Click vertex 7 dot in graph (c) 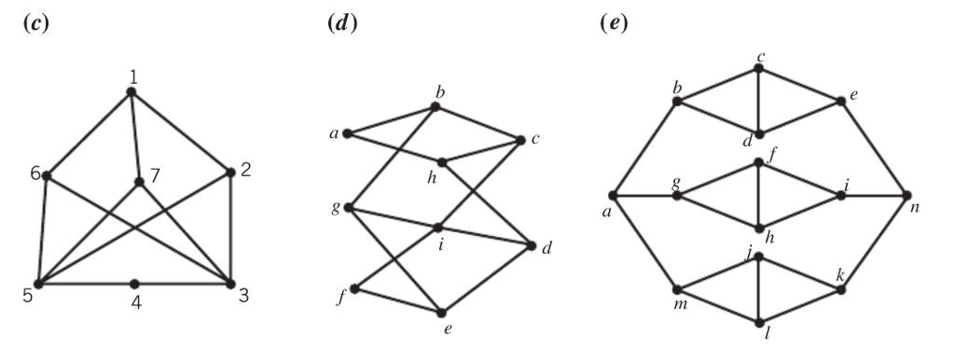pyautogui.click(x=139, y=182)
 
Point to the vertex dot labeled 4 pyautogui.click(x=134, y=284)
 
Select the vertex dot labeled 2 pyautogui.click(x=229, y=173)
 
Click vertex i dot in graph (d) pyautogui.click(x=438, y=227)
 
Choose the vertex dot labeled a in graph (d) pyautogui.click(x=347, y=133)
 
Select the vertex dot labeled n pyautogui.click(x=906, y=196)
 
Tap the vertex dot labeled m pyautogui.click(x=678, y=290)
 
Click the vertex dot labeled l pyautogui.click(x=760, y=323)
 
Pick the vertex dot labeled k pyautogui.click(x=840, y=290)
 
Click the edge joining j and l pyautogui.click(x=760, y=289)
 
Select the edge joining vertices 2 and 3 pyautogui.click(x=229, y=228)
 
